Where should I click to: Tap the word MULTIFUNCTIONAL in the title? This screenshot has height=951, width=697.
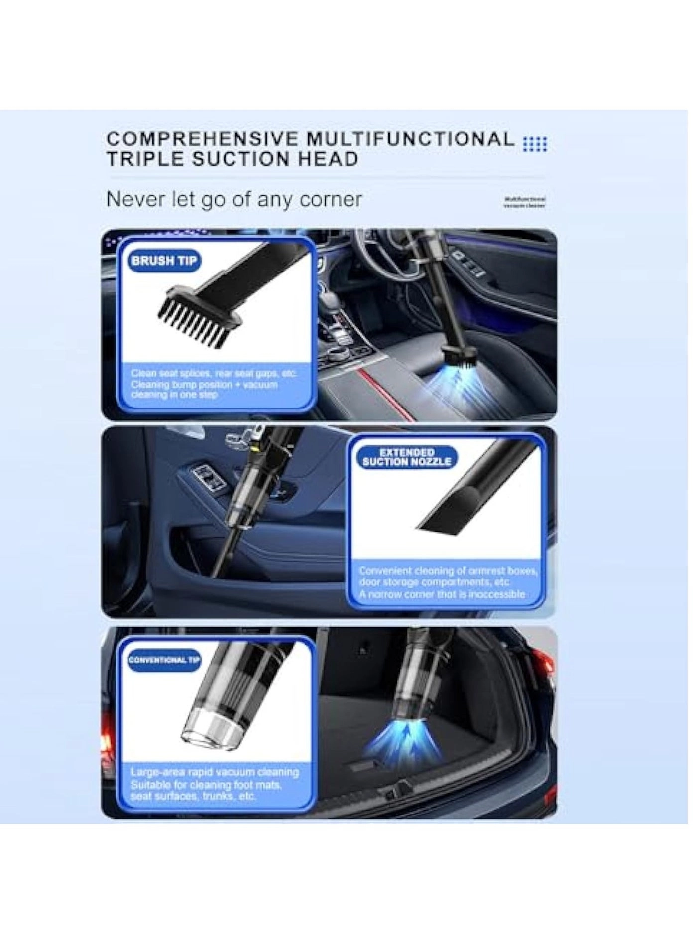point(410,139)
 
